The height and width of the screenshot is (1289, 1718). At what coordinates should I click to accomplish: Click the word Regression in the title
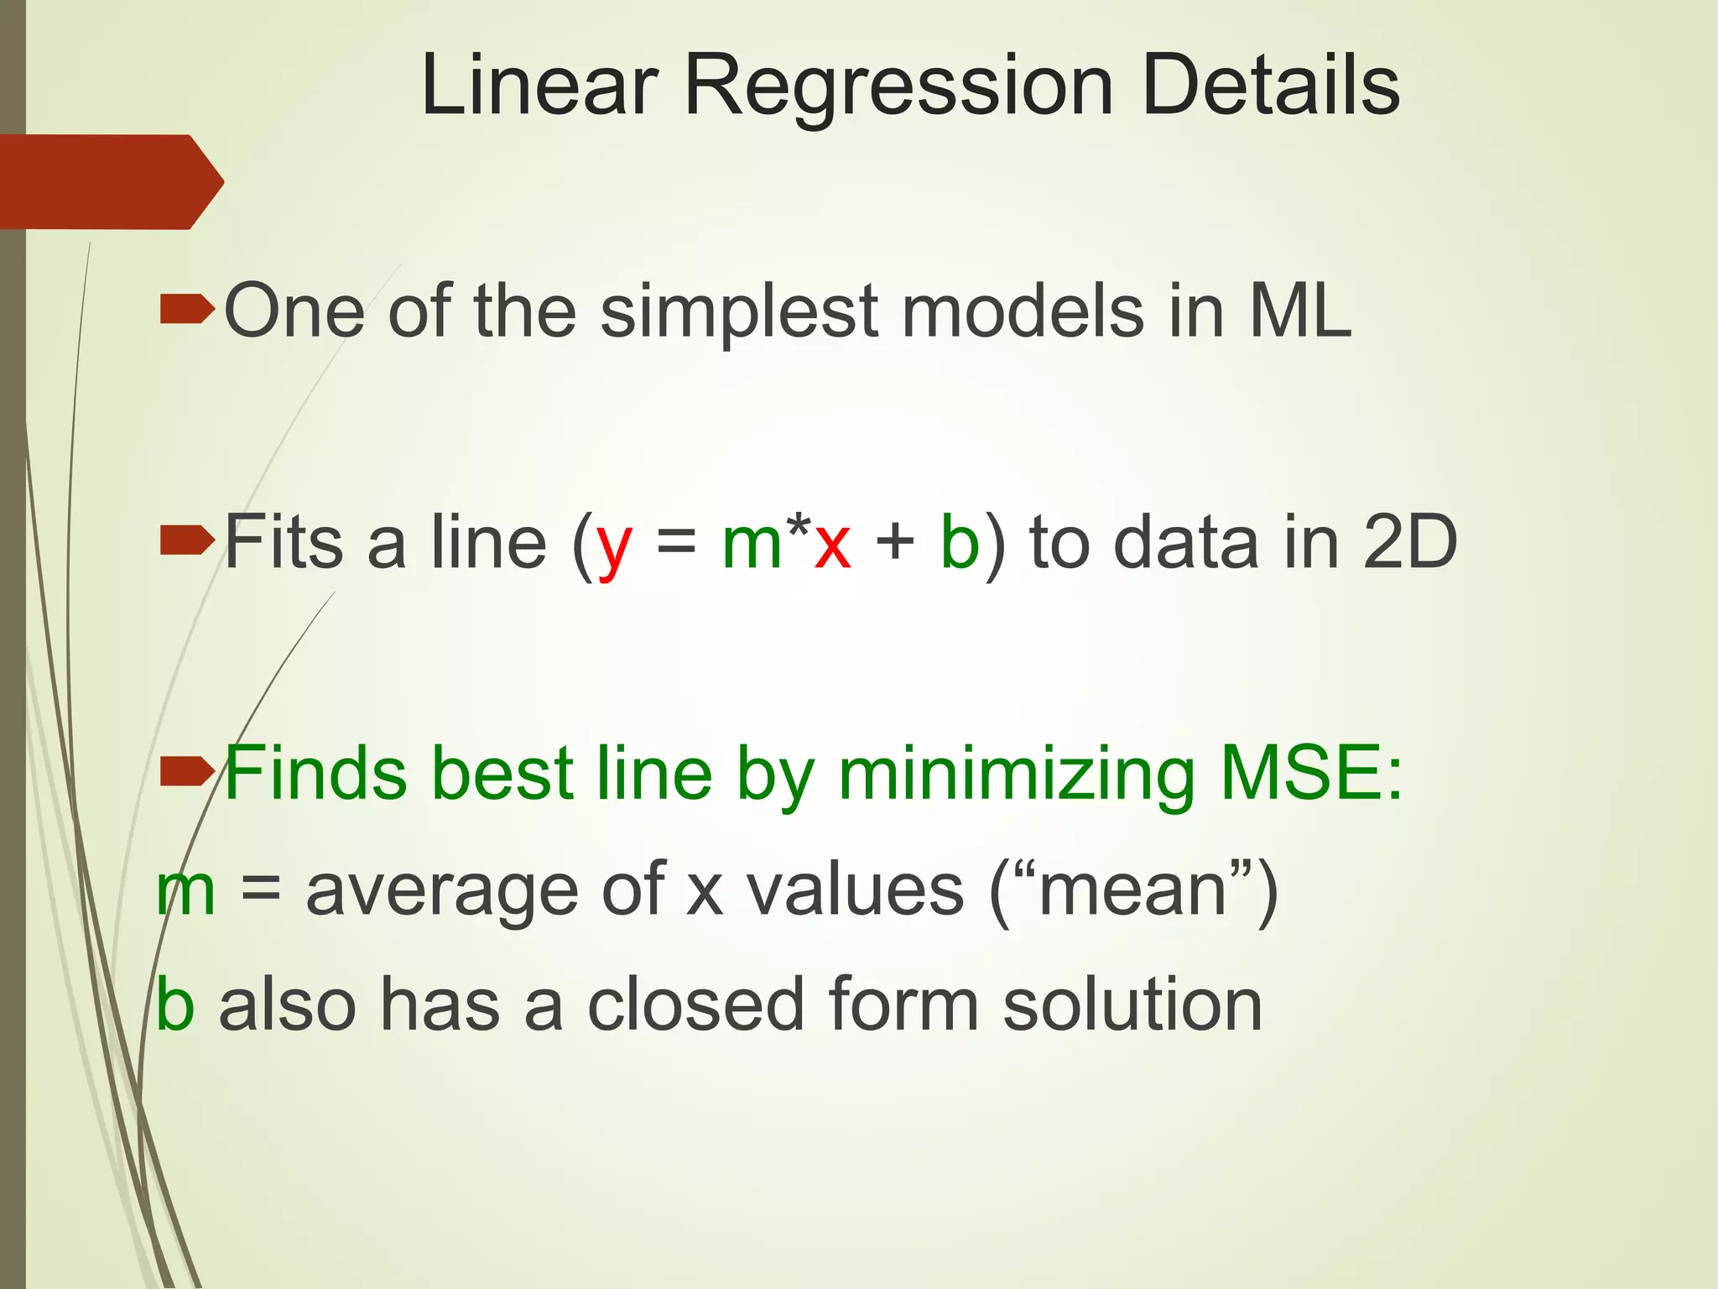[x=898, y=86]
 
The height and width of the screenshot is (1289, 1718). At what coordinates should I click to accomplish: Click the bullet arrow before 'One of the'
[x=186, y=309]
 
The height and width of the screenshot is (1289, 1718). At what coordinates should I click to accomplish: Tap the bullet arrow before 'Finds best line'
[x=186, y=772]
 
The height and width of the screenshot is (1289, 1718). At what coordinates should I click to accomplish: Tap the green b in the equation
[x=960, y=542]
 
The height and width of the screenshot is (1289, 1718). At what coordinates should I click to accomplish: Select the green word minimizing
[x=1016, y=774]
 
